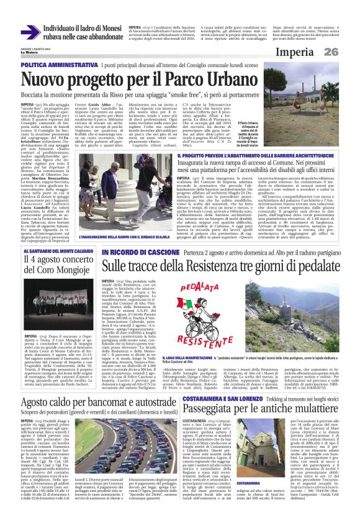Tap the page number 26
click(345, 51)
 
